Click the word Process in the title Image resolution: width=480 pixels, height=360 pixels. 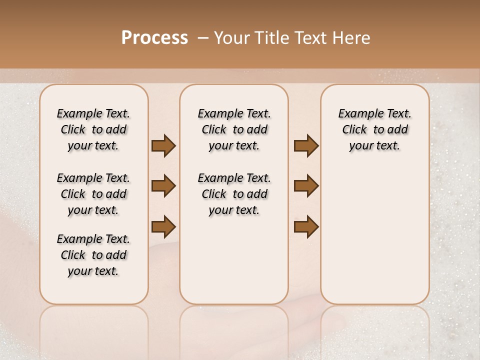click(154, 38)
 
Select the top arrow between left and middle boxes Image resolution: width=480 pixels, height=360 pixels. click(163, 145)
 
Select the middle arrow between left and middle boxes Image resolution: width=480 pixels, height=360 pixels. click(163, 186)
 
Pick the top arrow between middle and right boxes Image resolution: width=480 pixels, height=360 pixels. click(306, 145)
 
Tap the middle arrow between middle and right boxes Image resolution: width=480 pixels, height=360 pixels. click(306, 186)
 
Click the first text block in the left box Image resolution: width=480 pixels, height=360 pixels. click(93, 129)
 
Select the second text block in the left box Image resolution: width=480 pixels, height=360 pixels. click(93, 194)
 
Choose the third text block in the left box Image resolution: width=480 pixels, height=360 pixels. click(93, 255)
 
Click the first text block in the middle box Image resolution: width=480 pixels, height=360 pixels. click(234, 129)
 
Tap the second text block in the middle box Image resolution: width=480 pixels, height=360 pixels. click(234, 194)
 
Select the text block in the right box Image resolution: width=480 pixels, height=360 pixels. click(374, 129)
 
